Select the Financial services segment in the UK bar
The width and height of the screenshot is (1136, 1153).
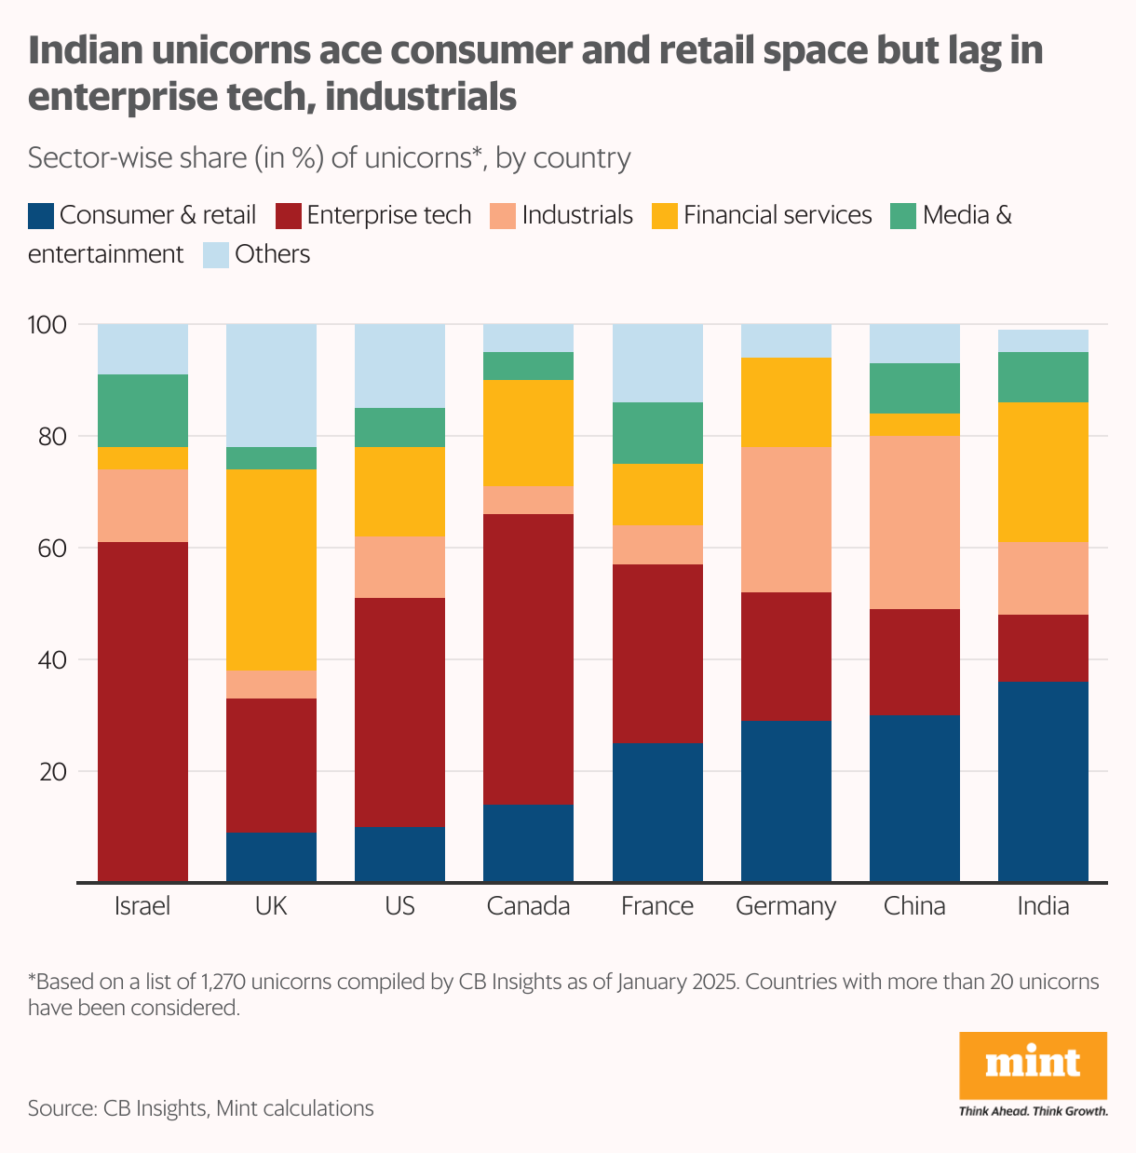point(271,569)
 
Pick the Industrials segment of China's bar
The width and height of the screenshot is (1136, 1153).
point(914,522)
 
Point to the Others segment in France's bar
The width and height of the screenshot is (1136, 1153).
point(657,363)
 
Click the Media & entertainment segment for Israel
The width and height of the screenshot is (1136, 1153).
point(142,410)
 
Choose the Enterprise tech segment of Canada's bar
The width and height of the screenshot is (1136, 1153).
point(528,658)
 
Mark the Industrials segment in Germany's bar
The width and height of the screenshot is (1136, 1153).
point(786,519)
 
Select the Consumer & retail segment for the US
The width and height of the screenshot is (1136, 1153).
point(399,853)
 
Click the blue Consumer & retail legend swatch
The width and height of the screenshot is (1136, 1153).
point(40,216)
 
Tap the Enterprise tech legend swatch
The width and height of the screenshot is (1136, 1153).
point(289,216)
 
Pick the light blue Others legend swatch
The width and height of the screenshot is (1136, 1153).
point(215,255)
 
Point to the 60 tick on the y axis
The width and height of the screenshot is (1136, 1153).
point(52,549)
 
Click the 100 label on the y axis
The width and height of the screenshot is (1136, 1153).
point(47,325)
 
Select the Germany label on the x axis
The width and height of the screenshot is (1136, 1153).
point(786,906)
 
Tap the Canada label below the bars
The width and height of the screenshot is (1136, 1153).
point(528,906)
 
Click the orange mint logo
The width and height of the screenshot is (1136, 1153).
point(1033,1065)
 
